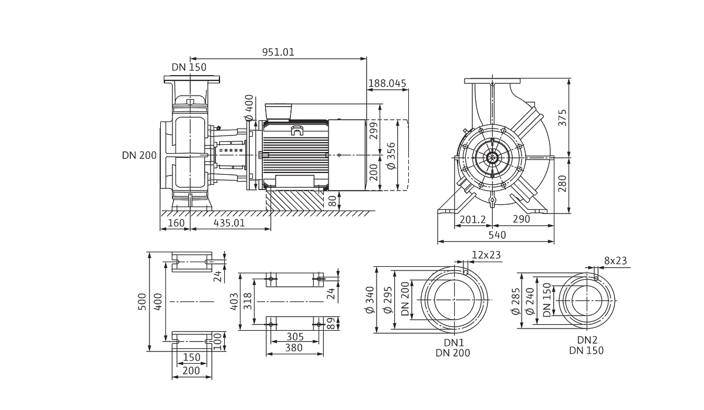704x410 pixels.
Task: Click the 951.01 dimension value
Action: point(278,52)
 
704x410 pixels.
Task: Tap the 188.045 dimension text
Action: point(387,83)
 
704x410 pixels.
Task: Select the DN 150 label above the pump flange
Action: point(189,67)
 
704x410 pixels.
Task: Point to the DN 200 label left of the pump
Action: point(139,155)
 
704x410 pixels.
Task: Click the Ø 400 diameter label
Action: point(249,108)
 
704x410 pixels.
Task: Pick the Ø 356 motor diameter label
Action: point(391,156)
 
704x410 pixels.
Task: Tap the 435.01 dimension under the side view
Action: point(229,223)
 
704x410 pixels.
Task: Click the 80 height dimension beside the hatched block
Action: point(333,201)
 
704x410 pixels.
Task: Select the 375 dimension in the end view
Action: point(562,118)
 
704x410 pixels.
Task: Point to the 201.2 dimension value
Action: point(473,219)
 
